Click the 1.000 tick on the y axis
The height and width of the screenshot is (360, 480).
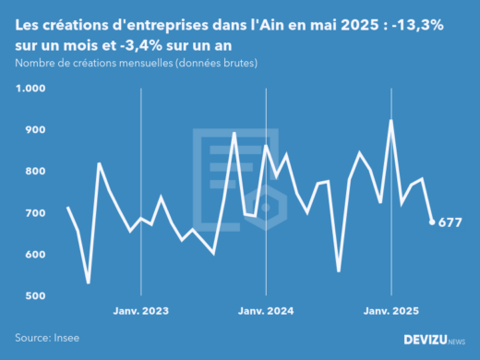coord(30,89)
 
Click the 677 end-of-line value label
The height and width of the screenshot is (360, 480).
coord(450,222)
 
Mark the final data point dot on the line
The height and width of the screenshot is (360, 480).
coord(432,222)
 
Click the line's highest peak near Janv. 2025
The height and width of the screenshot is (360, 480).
coord(391,121)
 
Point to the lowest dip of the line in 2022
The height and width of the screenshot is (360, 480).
coord(89,282)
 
